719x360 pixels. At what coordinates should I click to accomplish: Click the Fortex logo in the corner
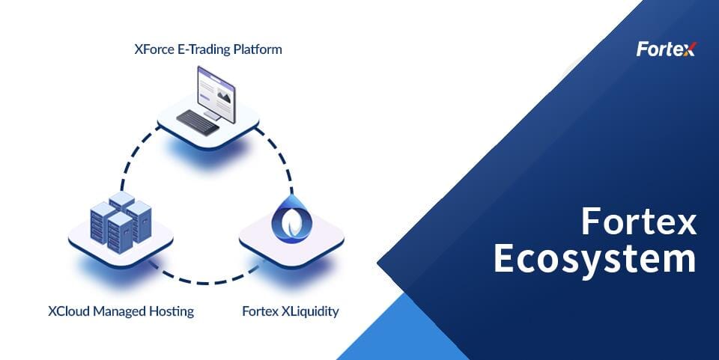click(x=667, y=49)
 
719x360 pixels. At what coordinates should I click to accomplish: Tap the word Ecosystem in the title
click(x=595, y=259)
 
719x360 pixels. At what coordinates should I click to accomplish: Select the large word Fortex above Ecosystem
click(x=639, y=222)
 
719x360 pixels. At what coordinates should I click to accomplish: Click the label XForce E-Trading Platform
click(x=208, y=49)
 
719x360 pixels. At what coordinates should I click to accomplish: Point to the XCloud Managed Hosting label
click(x=121, y=311)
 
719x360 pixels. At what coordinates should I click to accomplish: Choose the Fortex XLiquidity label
click(x=291, y=311)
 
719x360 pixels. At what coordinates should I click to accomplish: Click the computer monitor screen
click(x=216, y=94)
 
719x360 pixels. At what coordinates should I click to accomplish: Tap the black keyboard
click(x=198, y=122)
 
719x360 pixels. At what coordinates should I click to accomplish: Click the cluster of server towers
click(x=121, y=222)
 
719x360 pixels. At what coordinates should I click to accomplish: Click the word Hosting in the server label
click(x=172, y=312)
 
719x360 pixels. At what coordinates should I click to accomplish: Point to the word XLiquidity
click(x=310, y=311)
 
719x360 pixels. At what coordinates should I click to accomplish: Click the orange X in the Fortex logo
click(x=689, y=49)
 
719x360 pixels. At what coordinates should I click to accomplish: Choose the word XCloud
click(x=69, y=311)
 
